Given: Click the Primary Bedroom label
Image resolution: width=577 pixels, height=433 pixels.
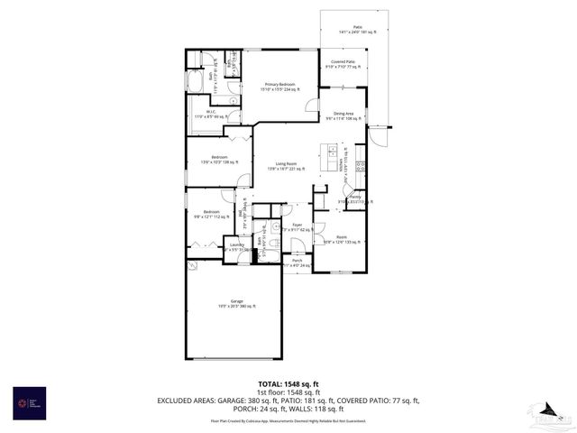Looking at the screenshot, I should tap(279, 84).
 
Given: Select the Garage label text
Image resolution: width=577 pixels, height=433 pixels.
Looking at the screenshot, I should tap(236, 301).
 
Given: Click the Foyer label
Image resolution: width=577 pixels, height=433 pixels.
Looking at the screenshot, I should tap(297, 225).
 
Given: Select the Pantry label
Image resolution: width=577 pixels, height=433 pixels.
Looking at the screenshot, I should tap(355, 197).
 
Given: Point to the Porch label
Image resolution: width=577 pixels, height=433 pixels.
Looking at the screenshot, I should tap(297, 260).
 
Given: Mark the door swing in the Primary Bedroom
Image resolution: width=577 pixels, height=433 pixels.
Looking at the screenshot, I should tap(312, 105).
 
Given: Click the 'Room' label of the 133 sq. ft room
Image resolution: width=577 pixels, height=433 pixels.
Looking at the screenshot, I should tap(342, 237).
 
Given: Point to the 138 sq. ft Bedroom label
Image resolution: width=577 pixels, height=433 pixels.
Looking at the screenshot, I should tap(219, 157).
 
